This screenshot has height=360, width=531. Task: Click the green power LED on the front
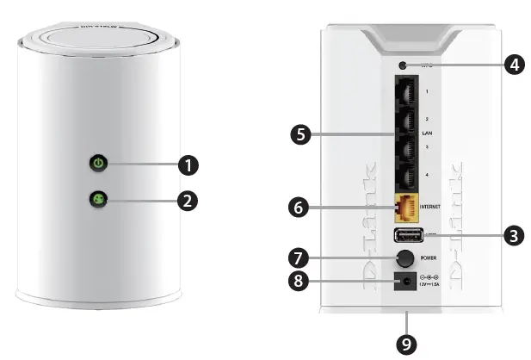coord(99,162)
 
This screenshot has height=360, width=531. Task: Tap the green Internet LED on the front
coord(99,201)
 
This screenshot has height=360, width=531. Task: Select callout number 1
coord(188,162)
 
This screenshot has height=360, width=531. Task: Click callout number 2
coord(188,201)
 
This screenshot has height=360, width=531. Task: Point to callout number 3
coord(514,233)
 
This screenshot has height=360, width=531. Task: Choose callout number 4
coord(514,65)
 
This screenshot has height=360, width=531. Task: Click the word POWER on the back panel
coord(431,257)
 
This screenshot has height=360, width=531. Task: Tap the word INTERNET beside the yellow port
coord(433,208)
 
